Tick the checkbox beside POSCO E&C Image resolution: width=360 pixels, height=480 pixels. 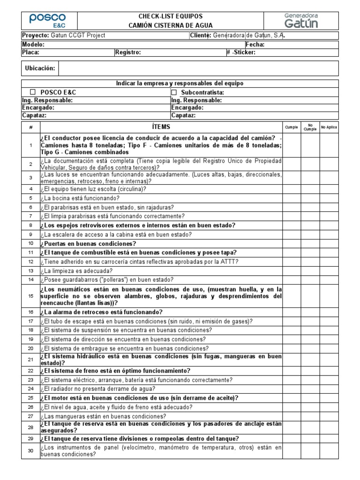(x=33, y=92)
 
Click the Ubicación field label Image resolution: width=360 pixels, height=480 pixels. (x=40, y=68)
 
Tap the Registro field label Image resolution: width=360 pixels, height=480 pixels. (x=128, y=52)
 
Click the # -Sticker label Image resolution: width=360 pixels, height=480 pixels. (x=240, y=52)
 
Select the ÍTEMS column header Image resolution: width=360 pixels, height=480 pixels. (x=161, y=127)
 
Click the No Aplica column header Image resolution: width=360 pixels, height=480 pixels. (x=329, y=127)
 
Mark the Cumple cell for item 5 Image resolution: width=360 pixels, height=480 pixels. (x=292, y=198)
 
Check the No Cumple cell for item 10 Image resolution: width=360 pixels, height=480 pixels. (x=310, y=244)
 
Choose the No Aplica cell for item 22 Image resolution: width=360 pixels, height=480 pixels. (x=329, y=370)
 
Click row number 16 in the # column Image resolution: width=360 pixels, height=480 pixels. (x=31, y=312)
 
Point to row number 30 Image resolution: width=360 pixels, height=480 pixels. (x=31, y=451)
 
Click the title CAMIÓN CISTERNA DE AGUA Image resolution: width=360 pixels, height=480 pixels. (x=171, y=25)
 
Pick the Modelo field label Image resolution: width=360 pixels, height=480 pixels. (x=33, y=45)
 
